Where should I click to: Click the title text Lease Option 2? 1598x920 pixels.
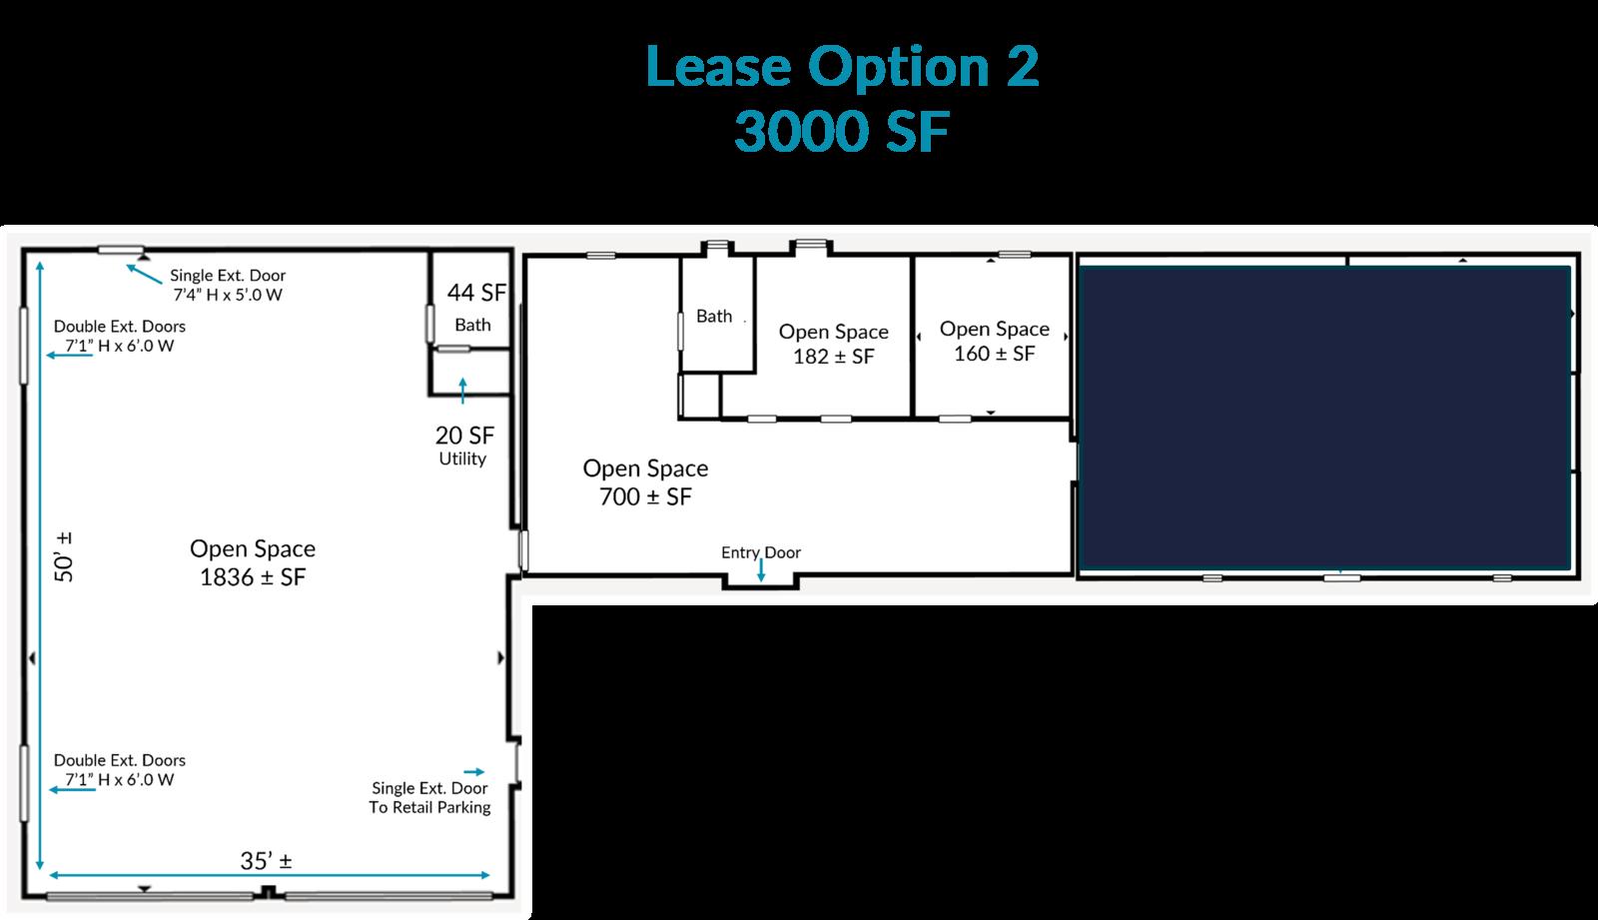(x=842, y=66)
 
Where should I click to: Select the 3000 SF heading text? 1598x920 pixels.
(x=842, y=131)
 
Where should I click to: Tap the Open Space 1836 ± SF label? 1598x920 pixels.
(x=253, y=562)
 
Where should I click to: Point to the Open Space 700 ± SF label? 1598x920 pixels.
(x=645, y=482)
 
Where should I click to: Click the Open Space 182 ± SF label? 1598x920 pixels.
(x=833, y=344)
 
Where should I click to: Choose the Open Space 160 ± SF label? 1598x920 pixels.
(x=995, y=341)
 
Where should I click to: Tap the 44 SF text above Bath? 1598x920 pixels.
(x=476, y=293)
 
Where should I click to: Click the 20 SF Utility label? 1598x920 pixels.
(x=464, y=446)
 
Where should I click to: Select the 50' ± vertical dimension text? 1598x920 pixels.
(x=64, y=556)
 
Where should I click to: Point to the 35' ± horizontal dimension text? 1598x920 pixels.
(x=266, y=861)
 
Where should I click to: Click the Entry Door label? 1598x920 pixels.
(x=760, y=552)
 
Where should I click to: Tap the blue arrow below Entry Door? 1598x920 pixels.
(x=761, y=569)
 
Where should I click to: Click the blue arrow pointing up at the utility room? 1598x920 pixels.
(x=463, y=391)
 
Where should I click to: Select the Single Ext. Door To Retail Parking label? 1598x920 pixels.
(x=429, y=798)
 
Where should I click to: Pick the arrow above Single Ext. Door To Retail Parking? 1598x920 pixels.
(x=474, y=771)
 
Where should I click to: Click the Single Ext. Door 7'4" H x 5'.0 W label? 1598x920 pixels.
(x=228, y=285)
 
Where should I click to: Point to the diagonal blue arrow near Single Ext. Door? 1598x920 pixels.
(x=144, y=274)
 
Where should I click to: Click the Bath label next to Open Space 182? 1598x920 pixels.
(x=714, y=317)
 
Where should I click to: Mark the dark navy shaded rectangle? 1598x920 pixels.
(x=1324, y=418)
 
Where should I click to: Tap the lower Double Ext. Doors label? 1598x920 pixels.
(x=119, y=769)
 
